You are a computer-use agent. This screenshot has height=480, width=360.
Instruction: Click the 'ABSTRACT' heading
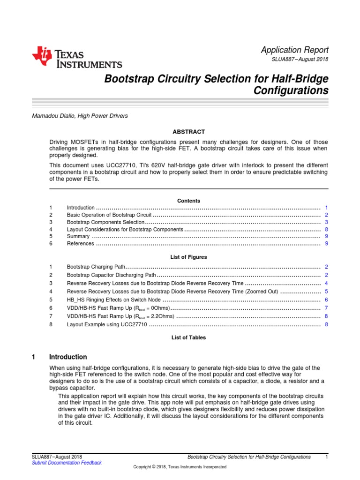(x=188, y=132)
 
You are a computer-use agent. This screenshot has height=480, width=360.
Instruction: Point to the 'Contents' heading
(x=188, y=201)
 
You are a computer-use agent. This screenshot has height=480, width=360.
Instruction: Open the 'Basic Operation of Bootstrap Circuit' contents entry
(x=109, y=215)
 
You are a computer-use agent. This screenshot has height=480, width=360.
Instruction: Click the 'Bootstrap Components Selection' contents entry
(x=105, y=222)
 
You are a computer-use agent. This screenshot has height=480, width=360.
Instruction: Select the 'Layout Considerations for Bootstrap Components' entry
(x=125, y=230)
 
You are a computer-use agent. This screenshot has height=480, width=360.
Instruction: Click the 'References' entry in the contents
(x=81, y=244)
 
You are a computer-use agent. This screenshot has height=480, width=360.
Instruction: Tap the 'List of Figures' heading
(x=188, y=257)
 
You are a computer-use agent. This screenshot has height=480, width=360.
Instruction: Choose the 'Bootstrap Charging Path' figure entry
(x=96, y=267)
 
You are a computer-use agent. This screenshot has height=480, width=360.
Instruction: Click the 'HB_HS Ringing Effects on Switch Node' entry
(x=114, y=300)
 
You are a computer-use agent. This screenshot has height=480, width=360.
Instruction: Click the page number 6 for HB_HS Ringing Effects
(x=326, y=300)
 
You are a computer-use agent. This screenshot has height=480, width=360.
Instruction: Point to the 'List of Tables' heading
(x=188, y=337)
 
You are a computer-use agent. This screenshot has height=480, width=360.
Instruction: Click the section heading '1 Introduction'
(x=69, y=357)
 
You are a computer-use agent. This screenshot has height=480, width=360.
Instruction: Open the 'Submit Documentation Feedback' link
(x=67, y=463)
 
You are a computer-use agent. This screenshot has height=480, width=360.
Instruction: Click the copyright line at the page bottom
(x=180, y=467)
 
